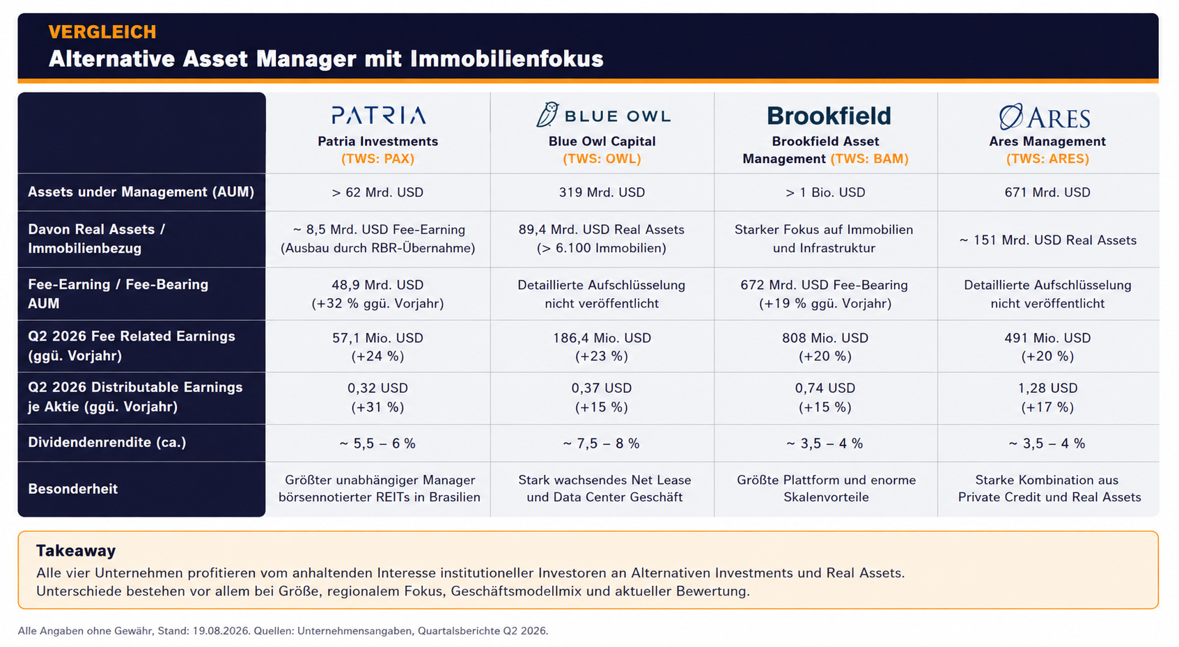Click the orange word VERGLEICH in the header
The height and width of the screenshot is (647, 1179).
coord(102,32)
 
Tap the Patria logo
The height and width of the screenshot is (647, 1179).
coord(378,116)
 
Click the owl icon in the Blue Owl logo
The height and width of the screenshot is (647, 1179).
coord(547,114)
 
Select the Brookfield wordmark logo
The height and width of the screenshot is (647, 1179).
coord(829,116)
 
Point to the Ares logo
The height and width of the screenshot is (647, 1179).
coord(1045,117)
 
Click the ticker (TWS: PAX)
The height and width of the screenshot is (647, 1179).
coord(378,159)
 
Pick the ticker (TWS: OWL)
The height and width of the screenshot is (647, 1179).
coord(602,159)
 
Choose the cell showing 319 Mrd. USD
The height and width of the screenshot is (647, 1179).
coord(602,193)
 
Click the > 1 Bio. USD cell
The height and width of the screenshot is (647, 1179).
coord(825,193)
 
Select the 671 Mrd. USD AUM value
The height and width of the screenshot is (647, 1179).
coord(1047,193)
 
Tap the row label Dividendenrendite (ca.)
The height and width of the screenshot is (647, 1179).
coord(107,442)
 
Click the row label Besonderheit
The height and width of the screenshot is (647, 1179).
coord(72,489)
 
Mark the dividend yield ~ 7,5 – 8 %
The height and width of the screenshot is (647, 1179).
coord(601,444)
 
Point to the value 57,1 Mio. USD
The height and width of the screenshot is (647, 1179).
coord(377,338)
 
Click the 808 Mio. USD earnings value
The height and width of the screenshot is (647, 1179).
coord(825,338)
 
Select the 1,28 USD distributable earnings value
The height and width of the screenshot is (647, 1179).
coord(1047,389)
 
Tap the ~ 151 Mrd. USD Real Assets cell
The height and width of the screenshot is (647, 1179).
coord(1047,240)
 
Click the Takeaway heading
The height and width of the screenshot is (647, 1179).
coord(76,551)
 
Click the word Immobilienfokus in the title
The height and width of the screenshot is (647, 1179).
coord(507,59)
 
